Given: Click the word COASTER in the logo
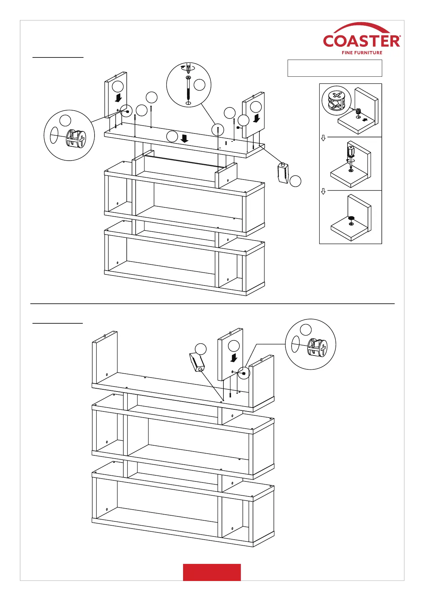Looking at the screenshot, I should [361, 41].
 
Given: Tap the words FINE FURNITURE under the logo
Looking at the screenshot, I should [362, 53].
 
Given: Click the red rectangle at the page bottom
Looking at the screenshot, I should [212, 572].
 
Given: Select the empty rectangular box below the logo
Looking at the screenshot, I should [334, 68].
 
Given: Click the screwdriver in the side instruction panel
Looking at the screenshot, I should [351, 155].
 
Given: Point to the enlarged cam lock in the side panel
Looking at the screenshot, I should [337, 100].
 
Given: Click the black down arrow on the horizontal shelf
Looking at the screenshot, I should [184, 138].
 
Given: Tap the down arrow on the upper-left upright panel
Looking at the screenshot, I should [119, 97].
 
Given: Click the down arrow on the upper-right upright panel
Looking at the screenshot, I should [256, 118].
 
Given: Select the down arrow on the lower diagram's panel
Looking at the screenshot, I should [234, 357].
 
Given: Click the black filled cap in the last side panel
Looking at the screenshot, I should [351, 218].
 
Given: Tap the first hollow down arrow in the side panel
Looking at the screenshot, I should [323, 138].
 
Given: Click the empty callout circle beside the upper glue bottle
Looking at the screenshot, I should [295, 181].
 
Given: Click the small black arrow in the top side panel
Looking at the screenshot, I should [364, 120].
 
